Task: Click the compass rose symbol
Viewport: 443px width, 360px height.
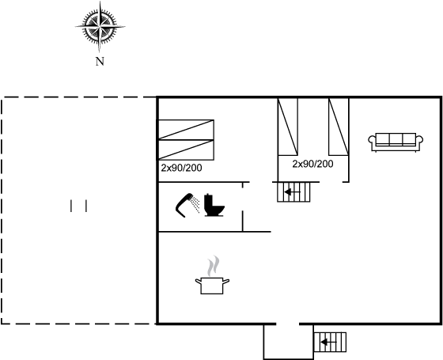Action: (100, 27)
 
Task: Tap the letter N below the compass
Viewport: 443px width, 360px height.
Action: (100, 62)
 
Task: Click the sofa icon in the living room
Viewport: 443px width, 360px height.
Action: (396, 142)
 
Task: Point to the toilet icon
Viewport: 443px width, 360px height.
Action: (214, 205)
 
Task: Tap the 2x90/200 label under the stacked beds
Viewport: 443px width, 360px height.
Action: (181, 168)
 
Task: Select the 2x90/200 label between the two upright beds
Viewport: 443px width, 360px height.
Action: (312, 164)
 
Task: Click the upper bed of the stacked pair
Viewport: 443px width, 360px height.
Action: (186, 130)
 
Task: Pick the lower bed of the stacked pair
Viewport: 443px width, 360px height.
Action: (186, 150)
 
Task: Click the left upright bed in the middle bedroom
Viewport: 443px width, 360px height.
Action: (288, 127)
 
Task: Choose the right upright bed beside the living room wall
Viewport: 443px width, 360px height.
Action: (339, 127)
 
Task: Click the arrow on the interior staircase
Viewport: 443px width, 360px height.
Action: (292, 192)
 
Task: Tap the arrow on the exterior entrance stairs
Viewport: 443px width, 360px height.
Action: (328, 343)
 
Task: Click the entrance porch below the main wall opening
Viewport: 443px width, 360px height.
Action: (289, 342)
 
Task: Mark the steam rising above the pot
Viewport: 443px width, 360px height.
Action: (213, 266)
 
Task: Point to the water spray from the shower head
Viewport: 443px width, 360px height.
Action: (195, 204)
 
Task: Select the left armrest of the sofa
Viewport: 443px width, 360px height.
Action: (373, 140)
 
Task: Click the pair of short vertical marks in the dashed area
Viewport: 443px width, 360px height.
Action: (78, 206)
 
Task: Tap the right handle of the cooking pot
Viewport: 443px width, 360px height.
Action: (226, 282)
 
